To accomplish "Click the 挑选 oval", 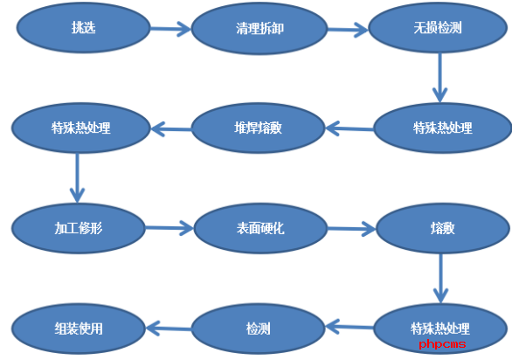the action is pos(84,28).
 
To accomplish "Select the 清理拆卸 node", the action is pos(259,29).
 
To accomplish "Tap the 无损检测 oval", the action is pos(438,28).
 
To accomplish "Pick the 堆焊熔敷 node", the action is pos(258,128).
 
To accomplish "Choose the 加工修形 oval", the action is pos(79,228).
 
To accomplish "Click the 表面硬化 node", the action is pos(260,228).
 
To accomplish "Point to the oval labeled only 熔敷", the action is pos(443,228).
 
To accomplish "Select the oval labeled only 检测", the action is pos(258,329).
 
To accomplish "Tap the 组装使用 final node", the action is pos(79,329).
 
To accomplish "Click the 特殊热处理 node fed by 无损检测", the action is pos(442,128).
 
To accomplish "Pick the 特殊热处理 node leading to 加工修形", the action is pos(81,128).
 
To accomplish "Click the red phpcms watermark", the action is pos(442,344).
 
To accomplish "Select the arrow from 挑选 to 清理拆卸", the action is pos(170,29).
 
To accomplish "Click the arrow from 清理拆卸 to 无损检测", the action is pos(348,30).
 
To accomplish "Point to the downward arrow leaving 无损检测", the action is pos(439,78).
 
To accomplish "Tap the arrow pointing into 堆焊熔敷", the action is pos(349,128).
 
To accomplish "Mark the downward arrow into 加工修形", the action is pos(78,178).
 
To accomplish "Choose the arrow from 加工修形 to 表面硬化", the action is pos(170,228).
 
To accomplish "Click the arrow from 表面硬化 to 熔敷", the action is pos(352,228).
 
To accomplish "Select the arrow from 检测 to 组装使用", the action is pos(169,329).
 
